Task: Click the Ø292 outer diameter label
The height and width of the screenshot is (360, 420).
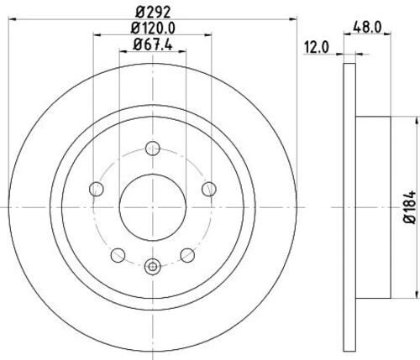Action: (x=151, y=13)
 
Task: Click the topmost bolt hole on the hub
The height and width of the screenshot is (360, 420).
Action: (x=152, y=149)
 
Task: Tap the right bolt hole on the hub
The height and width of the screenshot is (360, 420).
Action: (x=207, y=189)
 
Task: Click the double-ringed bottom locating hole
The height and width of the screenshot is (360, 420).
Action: (x=152, y=268)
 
